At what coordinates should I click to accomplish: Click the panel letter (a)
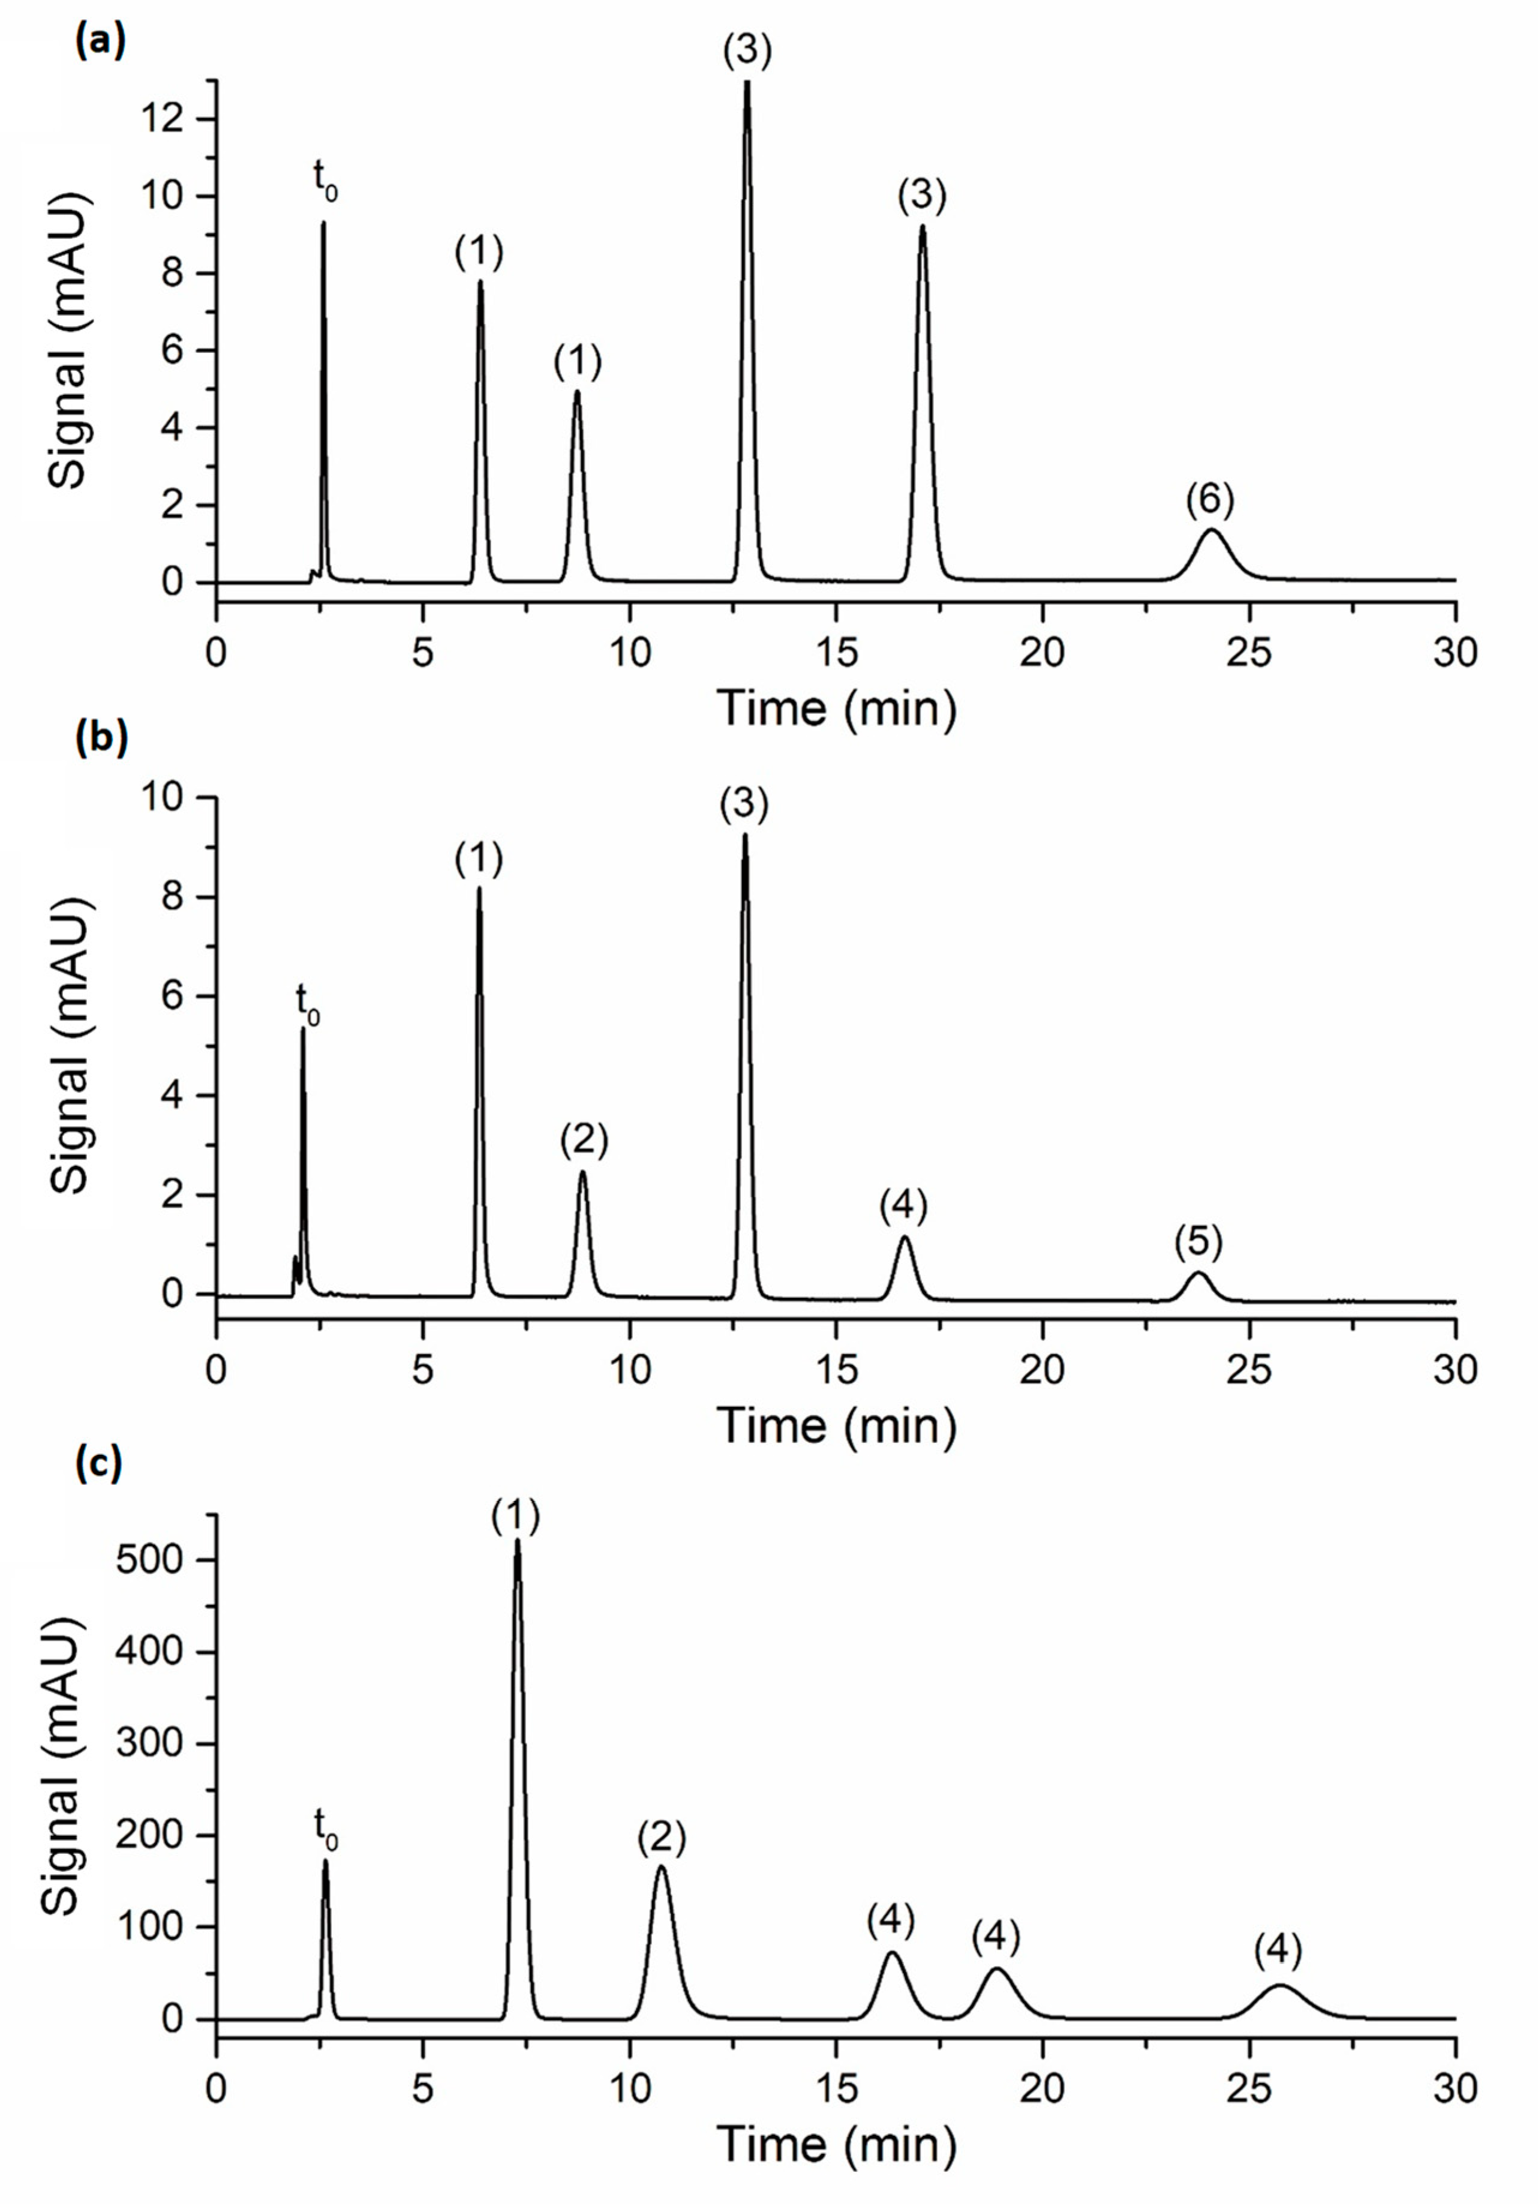click(x=101, y=43)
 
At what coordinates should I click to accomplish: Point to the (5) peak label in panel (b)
click(x=1197, y=1243)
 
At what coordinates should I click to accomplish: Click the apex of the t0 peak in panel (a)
click(x=323, y=223)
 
